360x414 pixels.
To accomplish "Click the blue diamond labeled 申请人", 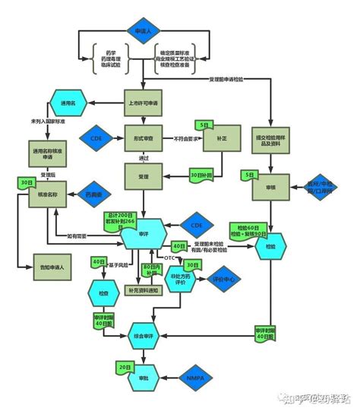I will point(144,31).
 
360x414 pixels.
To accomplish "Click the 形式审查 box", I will point(144,139).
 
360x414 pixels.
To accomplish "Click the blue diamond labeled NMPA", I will point(194,378).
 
